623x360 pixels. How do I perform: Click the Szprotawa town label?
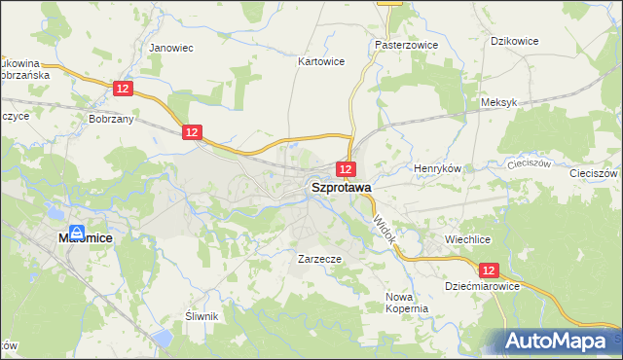coord(340,189)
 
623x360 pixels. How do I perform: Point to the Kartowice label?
coord(321,60)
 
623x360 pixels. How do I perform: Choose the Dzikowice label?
coord(515,41)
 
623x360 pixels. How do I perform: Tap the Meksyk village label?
coord(498,102)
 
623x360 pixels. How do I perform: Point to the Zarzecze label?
coord(318,260)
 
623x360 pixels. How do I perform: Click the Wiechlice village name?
coord(467,238)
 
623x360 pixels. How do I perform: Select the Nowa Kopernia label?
coord(407,302)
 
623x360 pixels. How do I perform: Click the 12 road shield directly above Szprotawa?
coord(347,168)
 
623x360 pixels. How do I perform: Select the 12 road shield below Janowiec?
coord(122,89)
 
